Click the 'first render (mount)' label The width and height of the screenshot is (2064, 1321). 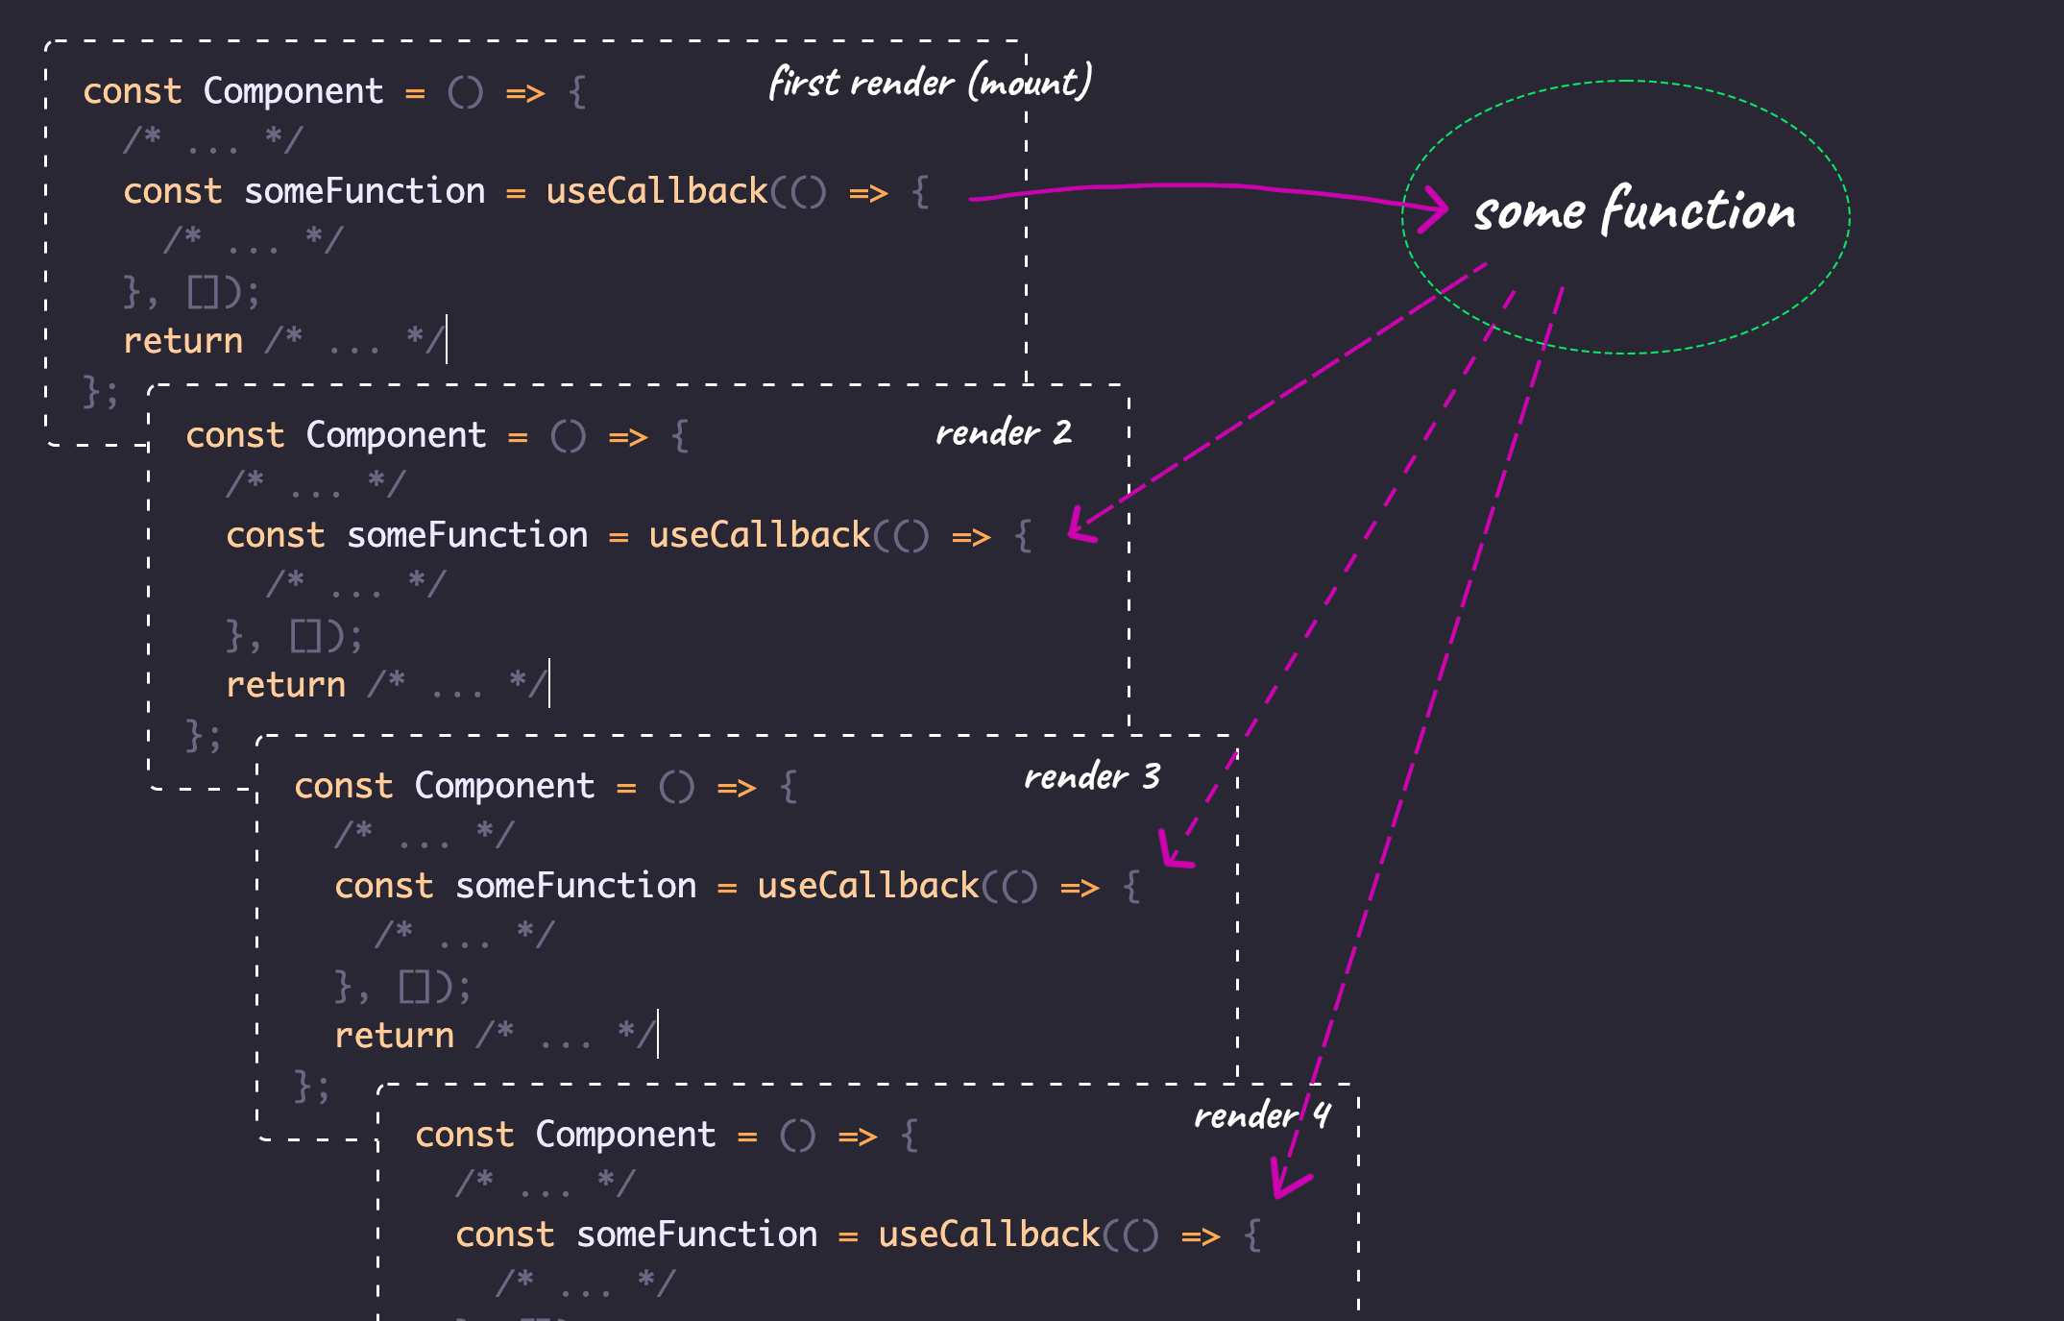click(930, 83)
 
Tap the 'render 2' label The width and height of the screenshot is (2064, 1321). click(1003, 433)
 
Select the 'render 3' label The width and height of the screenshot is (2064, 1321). click(1092, 776)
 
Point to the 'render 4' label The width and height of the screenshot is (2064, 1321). click(1261, 1115)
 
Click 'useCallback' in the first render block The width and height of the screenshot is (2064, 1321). click(657, 191)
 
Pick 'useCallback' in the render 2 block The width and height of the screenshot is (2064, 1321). click(760, 535)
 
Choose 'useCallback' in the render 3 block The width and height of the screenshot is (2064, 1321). click(868, 886)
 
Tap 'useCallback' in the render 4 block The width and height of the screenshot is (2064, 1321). click(989, 1235)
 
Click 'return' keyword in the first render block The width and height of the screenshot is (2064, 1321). click(182, 341)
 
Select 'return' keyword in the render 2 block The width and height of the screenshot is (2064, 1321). click(285, 685)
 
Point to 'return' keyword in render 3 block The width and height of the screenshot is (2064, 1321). click(394, 1036)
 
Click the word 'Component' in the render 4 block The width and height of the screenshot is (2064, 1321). click(625, 1135)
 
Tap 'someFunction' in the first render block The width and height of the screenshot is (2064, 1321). click(364, 191)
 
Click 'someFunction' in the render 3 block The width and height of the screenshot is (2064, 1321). click(575, 886)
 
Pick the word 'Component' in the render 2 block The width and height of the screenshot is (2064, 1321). click(396, 435)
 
